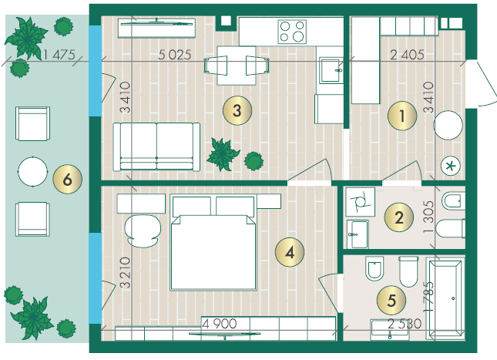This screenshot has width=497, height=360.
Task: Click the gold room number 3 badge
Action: [x=237, y=110]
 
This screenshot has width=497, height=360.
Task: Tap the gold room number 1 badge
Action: [x=402, y=116]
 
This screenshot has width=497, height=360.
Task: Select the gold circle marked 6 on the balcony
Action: [x=68, y=179]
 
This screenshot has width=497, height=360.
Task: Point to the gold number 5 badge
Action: [x=391, y=300]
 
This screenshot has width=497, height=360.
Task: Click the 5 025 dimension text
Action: [x=175, y=55]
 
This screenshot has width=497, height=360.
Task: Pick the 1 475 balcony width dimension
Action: [x=59, y=55]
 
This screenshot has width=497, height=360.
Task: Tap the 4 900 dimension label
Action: [x=220, y=324]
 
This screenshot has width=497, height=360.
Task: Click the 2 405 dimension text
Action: [x=407, y=55]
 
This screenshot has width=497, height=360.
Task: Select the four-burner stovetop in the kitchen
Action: [x=292, y=32]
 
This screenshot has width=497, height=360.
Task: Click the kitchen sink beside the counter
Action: [x=331, y=70]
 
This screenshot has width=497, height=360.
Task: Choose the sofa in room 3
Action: [x=156, y=147]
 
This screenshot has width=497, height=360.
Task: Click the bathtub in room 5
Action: [x=445, y=298]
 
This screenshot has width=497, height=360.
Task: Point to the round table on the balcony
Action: [x=32, y=171]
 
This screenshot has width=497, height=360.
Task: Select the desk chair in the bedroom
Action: [x=143, y=231]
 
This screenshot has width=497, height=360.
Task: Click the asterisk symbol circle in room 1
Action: [x=451, y=166]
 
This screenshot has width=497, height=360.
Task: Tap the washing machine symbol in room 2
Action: [x=361, y=202]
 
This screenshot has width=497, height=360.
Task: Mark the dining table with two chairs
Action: [x=237, y=66]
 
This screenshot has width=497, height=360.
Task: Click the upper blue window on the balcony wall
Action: [x=95, y=71]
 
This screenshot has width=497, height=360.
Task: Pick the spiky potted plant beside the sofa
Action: [x=223, y=154]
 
